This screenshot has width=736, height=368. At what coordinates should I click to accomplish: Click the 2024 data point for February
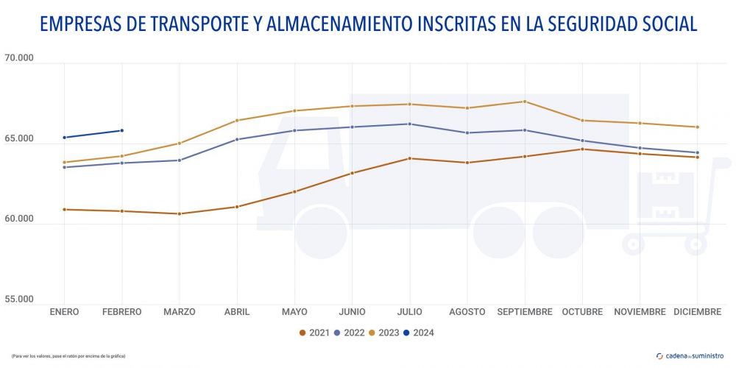[122, 131]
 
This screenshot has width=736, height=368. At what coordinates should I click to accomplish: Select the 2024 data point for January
[65, 138]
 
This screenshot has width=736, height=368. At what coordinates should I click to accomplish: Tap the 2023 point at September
[524, 102]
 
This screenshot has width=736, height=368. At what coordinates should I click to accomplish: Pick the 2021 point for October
[582, 149]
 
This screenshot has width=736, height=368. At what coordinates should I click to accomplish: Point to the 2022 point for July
[410, 124]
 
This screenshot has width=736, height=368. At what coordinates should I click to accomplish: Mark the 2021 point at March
[180, 214]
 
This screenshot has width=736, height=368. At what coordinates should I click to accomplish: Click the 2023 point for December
[697, 127]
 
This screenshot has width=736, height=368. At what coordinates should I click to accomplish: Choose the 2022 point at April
[237, 139]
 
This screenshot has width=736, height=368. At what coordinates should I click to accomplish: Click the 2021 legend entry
[316, 333]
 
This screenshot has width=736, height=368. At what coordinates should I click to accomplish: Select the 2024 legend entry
[419, 333]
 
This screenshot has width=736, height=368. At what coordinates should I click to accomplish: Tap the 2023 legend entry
[384, 333]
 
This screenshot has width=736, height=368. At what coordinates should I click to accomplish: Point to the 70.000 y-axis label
[20, 57]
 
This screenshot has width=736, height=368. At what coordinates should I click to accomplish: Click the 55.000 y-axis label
[20, 300]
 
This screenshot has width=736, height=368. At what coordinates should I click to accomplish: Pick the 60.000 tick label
[20, 219]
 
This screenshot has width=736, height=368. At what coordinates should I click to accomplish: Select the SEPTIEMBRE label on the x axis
[524, 312]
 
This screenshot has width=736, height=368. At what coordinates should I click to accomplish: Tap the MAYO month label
[294, 312]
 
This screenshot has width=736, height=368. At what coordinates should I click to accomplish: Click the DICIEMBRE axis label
[697, 312]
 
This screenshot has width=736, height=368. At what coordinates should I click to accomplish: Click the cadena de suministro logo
[690, 355]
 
